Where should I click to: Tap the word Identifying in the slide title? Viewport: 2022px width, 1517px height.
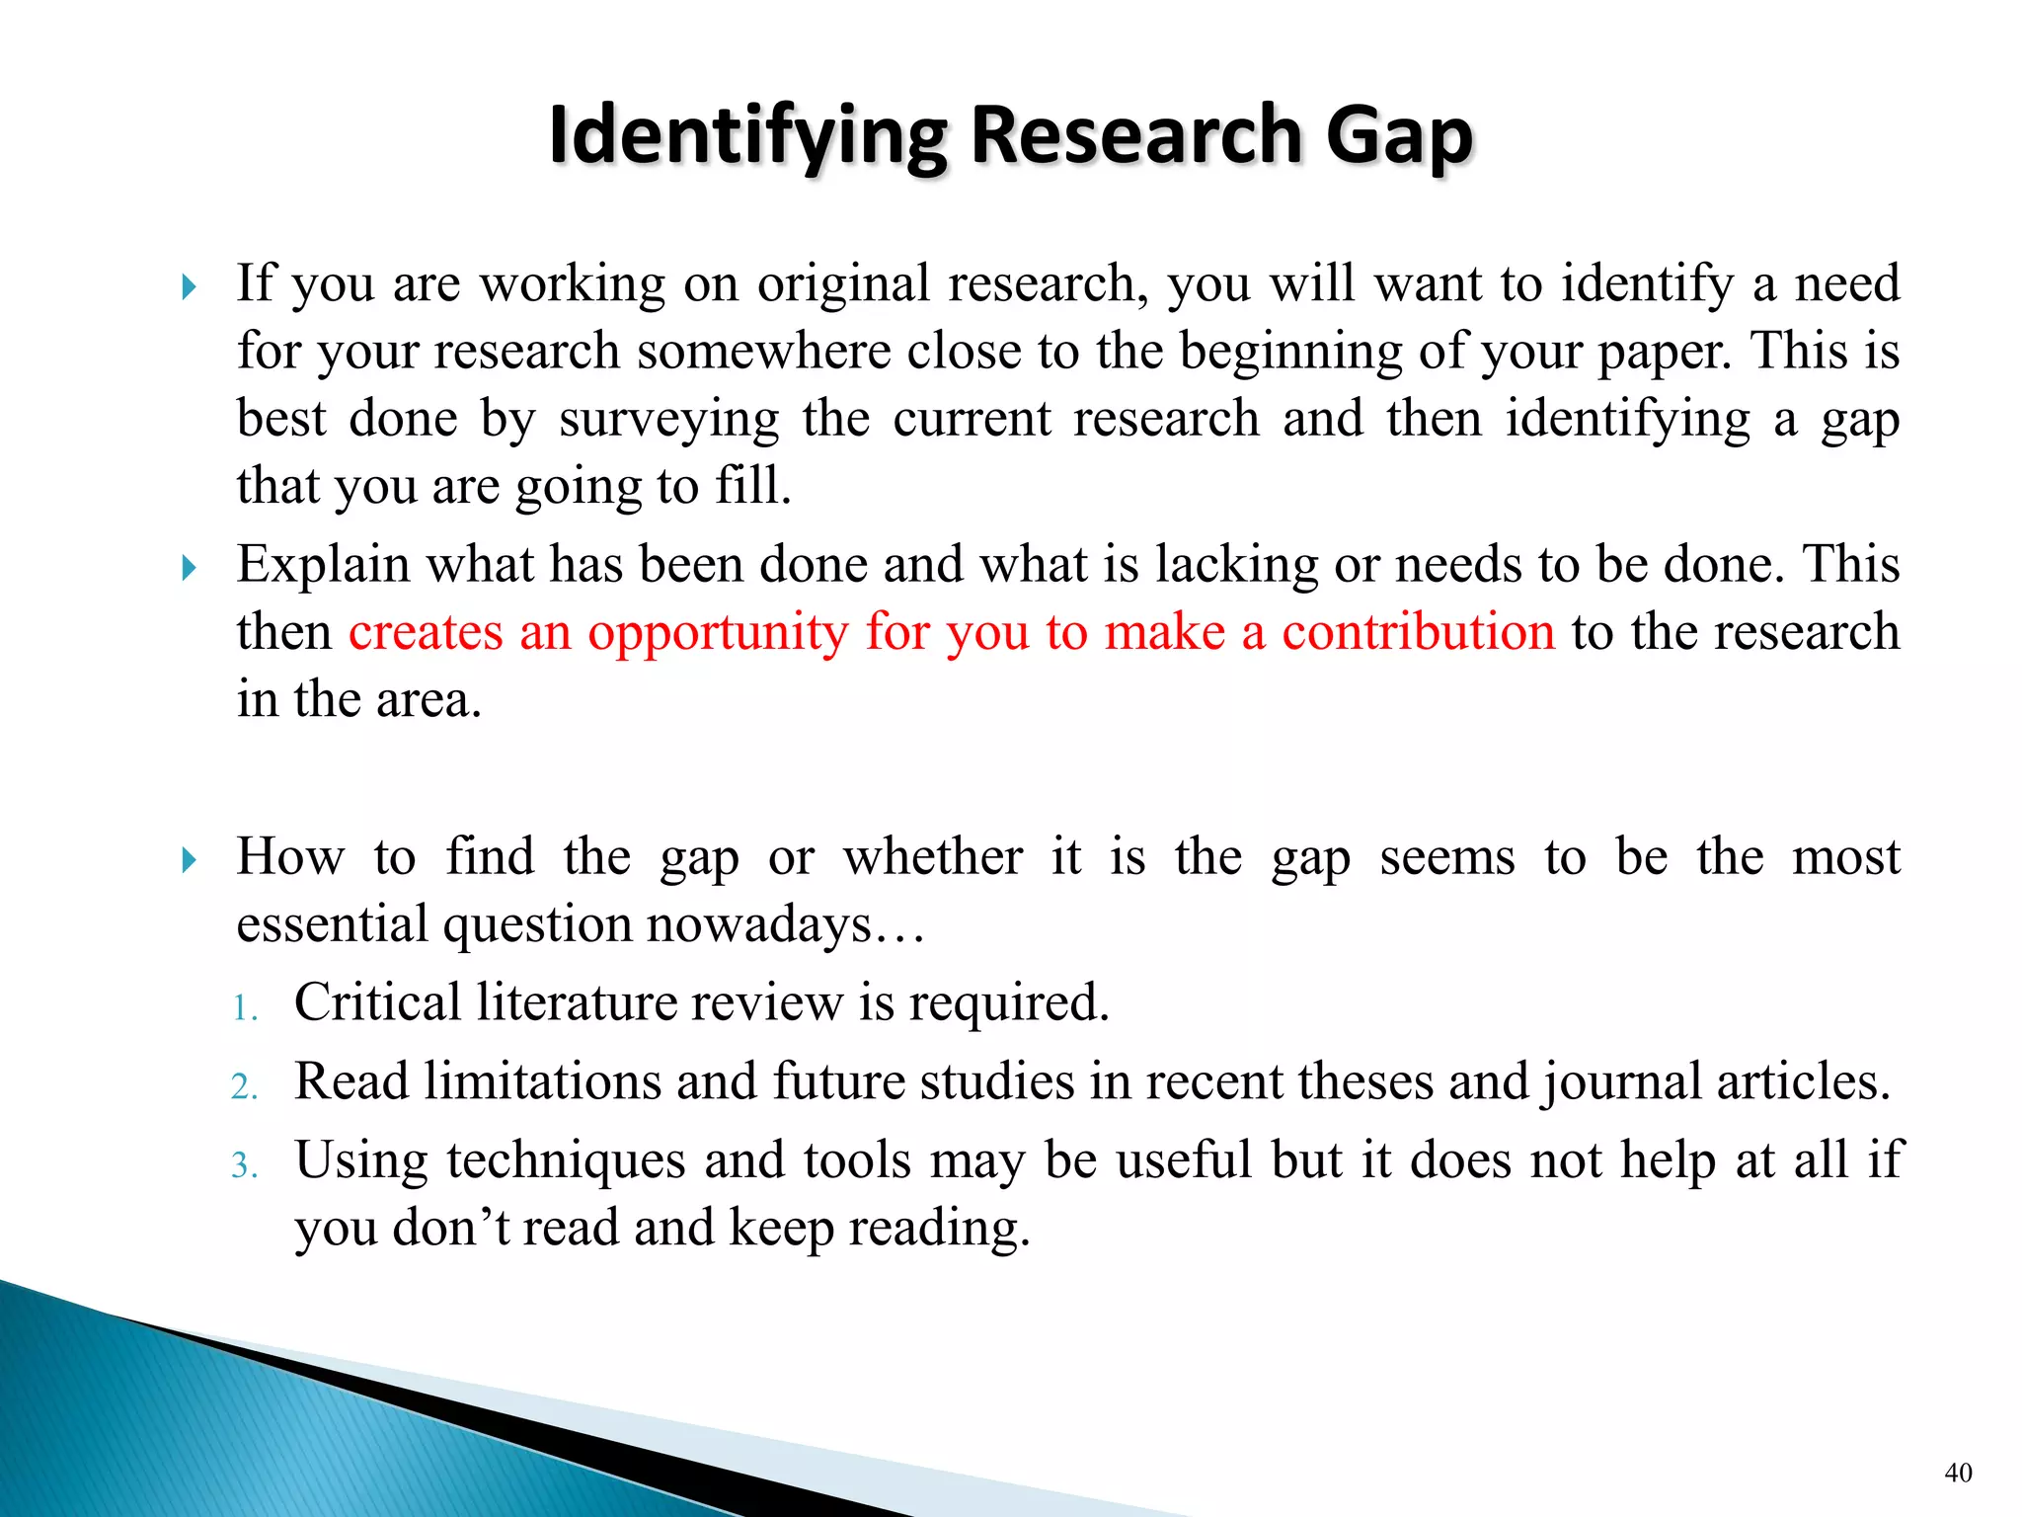click(747, 136)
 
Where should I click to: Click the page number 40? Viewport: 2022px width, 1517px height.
click(1958, 1473)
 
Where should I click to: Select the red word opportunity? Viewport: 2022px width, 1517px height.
click(718, 633)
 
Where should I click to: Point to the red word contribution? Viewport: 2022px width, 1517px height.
click(1418, 631)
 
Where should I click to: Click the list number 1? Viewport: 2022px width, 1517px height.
click(244, 1008)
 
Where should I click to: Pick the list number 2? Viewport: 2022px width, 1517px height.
click(244, 1086)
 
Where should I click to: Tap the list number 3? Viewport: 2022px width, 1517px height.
click(244, 1165)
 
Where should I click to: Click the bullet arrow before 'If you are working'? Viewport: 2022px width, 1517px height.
click(189, 287)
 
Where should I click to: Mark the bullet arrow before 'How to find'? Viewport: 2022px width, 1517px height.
click(189, 860)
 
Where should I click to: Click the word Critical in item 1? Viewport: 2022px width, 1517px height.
click(377, 1002)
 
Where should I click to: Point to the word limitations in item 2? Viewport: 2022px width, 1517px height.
click(542, 1080)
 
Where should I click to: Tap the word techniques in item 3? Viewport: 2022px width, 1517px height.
click(566, 1161)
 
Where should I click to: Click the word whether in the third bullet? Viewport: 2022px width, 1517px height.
click(932, 856)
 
